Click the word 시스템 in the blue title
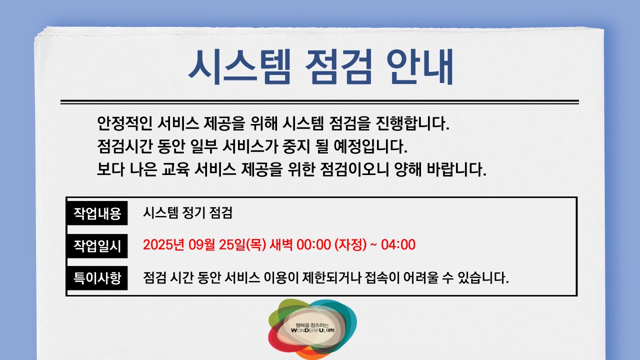point(239,67)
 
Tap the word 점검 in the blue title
point(339,67)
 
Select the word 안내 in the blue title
point(419,67)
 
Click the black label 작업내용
point(97,213)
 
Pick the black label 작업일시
point(97,245)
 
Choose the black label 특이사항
point(97,278)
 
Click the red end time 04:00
point(398,245)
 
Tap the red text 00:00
point(313,245)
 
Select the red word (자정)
point(350,245)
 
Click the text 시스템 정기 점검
point(187,212)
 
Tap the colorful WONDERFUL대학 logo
point(312,328)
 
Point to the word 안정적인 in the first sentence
point(125,123)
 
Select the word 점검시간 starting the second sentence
point(125,146)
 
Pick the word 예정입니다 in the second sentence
point(370,146)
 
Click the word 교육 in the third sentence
point(175,169)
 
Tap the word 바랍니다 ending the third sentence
point(456,169)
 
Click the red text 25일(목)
point(242,245)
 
